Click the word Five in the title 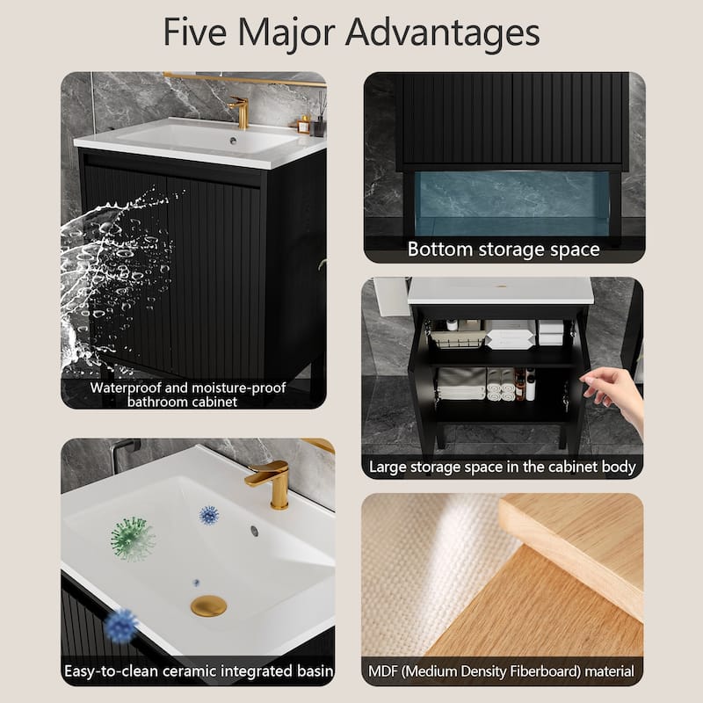pos(195,32)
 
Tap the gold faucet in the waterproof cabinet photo pos(240,112)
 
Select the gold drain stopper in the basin pos(208,605)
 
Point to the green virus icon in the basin pos(132,538)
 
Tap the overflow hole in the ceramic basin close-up pos(255,531)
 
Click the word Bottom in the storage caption pos(440,250)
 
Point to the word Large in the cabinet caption pos(388,467)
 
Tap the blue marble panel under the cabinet pos(511,203)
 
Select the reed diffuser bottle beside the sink pos(320,119)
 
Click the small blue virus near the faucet pos(209,515)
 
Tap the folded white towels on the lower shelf pos(461,384)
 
